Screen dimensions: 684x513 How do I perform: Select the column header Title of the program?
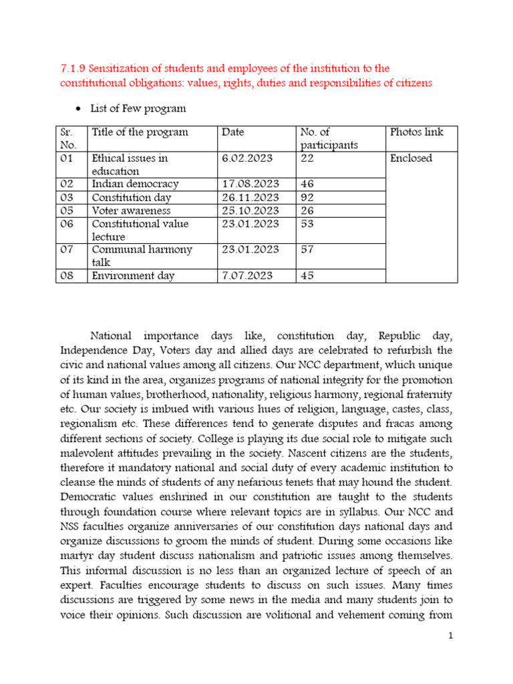(140, 132)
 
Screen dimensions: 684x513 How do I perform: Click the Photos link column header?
(416, 132)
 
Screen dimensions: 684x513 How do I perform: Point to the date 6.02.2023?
(246, 158)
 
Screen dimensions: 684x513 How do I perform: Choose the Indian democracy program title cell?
(135, 184)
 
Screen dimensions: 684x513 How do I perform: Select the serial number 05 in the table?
(67, 210)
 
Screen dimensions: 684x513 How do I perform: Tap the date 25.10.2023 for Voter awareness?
(250, 210)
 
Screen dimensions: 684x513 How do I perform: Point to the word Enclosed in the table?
(411, 158)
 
